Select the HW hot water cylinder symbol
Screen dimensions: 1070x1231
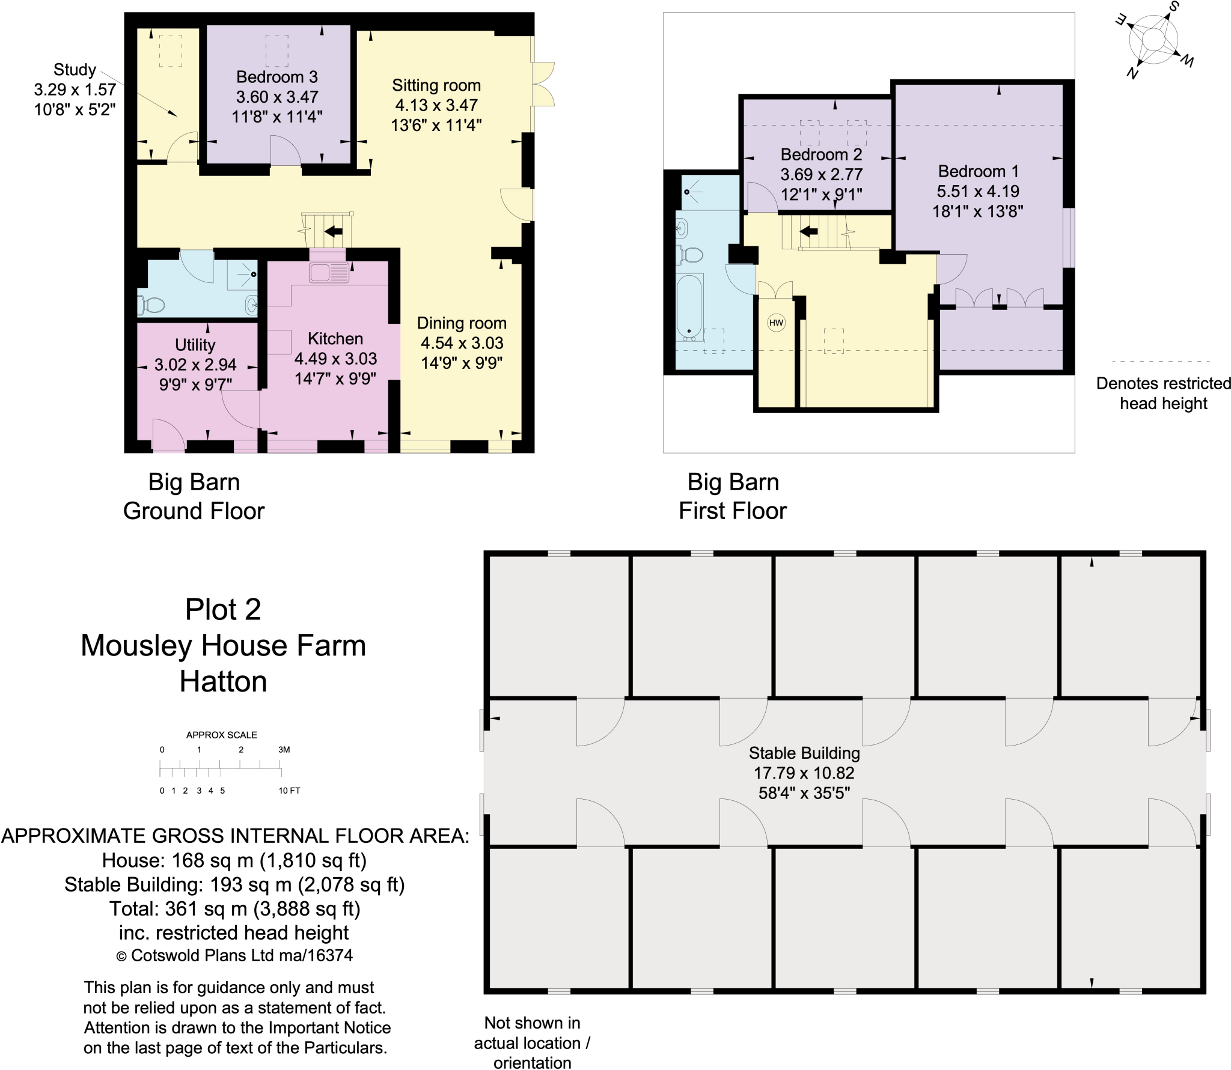tap(776, 323)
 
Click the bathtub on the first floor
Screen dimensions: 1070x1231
tap(689, 306)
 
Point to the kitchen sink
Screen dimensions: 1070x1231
tap(328, 273)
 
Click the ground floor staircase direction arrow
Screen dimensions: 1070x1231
tap(333, 231)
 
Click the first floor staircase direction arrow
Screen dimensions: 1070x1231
tap(808, 231)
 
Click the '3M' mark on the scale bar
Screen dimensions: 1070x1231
tap(284, 750)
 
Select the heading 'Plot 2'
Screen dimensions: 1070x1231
tap(223, 609)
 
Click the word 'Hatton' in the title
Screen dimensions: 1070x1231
tap(223, 682)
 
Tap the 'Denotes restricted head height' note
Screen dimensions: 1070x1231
tap(1163, 393)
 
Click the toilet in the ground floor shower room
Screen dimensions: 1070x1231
tap(151, 305)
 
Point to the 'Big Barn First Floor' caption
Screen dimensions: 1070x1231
tap(732, 496)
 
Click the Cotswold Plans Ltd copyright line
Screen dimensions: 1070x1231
tap(234, 955)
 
